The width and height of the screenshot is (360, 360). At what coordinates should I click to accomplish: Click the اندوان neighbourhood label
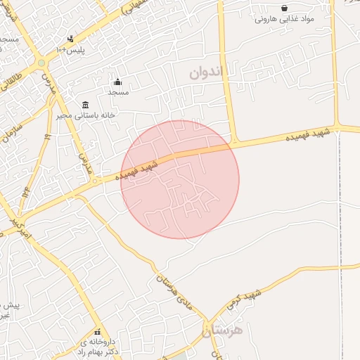pos(210,72)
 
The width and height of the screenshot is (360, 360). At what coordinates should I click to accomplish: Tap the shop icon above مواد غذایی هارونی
pos(284,8)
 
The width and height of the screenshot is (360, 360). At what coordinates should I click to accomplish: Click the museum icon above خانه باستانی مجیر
pos(85,105)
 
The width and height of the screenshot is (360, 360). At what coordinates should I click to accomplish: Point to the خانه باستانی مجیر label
pos(86,115)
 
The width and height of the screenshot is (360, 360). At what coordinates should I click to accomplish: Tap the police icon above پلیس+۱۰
pos(70,39)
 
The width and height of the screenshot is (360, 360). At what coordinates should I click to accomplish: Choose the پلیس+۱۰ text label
pos(71,51)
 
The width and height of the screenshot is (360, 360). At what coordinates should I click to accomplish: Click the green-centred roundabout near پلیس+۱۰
pos(41,63)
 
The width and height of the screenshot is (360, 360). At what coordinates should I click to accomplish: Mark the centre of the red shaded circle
pos(180,179)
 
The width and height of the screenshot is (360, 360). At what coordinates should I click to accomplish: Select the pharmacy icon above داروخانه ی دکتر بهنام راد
pos(97,332)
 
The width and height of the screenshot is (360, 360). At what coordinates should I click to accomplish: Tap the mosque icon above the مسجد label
pos(117,82)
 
